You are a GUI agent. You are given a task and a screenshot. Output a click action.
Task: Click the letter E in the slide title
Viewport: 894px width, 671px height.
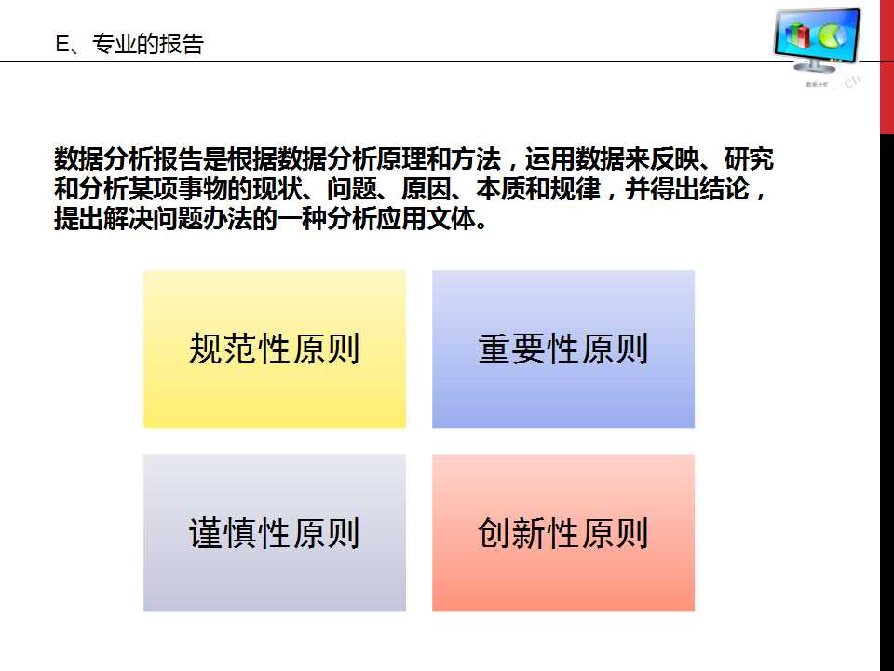click(62, 45)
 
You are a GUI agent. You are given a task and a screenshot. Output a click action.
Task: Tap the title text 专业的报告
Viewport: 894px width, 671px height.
click(148, 45)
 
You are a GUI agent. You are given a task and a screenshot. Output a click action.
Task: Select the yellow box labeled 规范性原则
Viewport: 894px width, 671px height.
click(275, 349)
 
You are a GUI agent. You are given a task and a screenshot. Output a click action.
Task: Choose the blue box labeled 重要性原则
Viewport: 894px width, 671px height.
click(563, 349)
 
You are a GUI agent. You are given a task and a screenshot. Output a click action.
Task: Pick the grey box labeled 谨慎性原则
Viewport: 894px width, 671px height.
click(275, 533)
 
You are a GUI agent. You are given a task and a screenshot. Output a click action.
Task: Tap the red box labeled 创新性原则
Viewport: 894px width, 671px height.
click(563, 533)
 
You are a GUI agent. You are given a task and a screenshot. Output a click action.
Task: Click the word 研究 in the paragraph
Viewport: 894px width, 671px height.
click(750, 159)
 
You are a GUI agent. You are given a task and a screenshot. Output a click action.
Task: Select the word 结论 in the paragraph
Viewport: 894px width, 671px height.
click(726, 190)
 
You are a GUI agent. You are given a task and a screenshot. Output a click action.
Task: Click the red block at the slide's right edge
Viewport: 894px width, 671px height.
click(887, 65)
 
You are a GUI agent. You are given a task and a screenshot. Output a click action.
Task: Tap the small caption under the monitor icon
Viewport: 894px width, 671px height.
click(817, 85)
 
